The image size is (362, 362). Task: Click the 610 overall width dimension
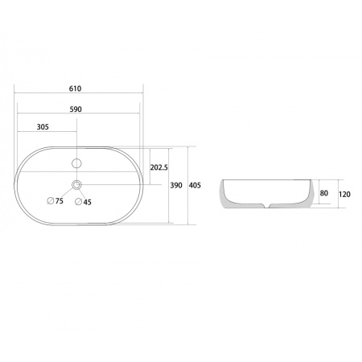(75, 88)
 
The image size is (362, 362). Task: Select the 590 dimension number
(76, 109)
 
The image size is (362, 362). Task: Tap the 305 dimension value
(43, 127)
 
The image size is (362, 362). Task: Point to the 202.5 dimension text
(158, 167)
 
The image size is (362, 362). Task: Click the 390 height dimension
(176, 185)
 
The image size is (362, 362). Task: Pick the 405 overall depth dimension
(195, 185)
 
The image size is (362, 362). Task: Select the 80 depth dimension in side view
(324, 193)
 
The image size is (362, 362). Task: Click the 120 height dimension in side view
(344, 194)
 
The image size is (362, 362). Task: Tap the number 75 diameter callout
(60, 201)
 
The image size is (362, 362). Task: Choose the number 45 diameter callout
(87, 202)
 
